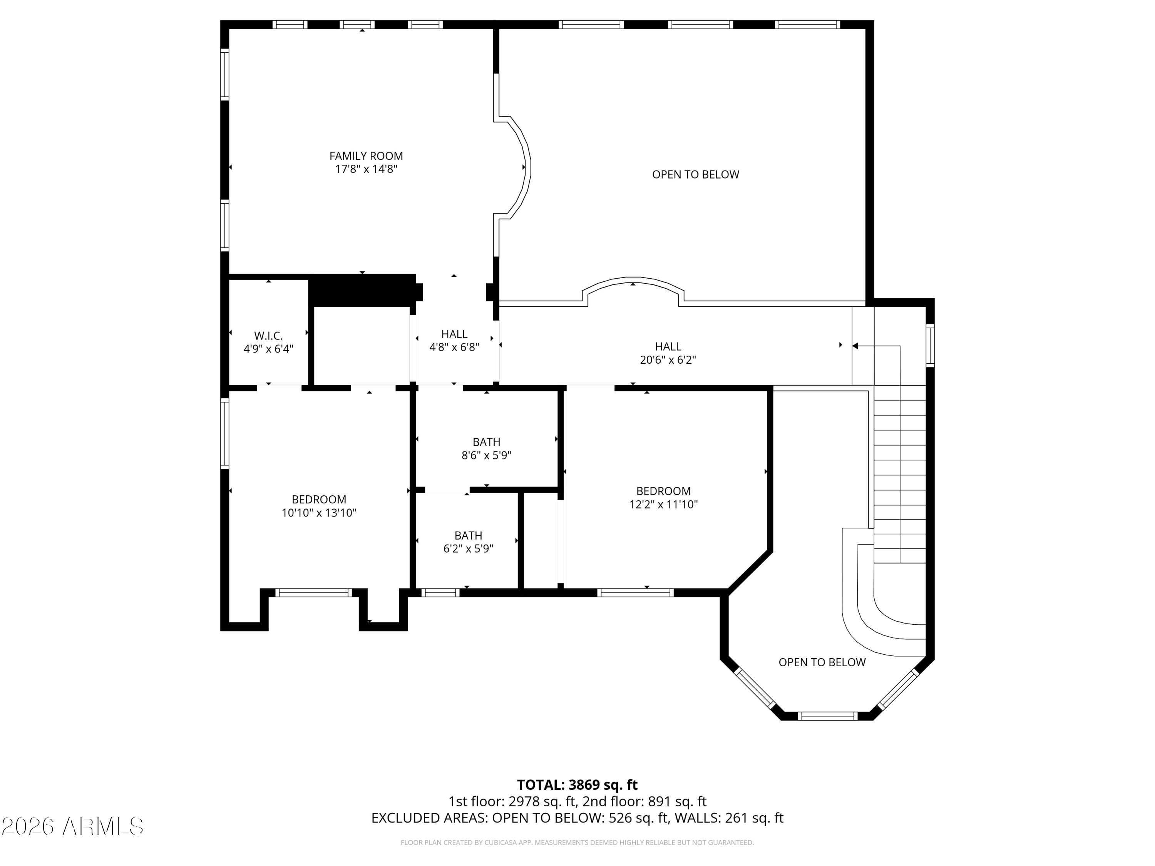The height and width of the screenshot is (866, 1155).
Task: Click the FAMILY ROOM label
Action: tap(366, 155)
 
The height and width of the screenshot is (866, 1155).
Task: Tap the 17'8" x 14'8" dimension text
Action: tap(366, 169)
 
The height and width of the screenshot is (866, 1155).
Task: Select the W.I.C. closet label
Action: tap(268, 336)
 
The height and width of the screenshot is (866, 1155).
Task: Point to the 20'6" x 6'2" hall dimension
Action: tap(668, 359)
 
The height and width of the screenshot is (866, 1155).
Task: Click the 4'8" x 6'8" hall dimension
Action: tap(454, 347)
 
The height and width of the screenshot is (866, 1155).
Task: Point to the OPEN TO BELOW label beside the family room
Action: tap(696, 174)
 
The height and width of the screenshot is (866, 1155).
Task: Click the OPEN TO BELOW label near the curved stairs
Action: tap(822, 662)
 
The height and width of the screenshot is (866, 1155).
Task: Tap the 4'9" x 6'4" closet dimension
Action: tap(268, 349)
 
